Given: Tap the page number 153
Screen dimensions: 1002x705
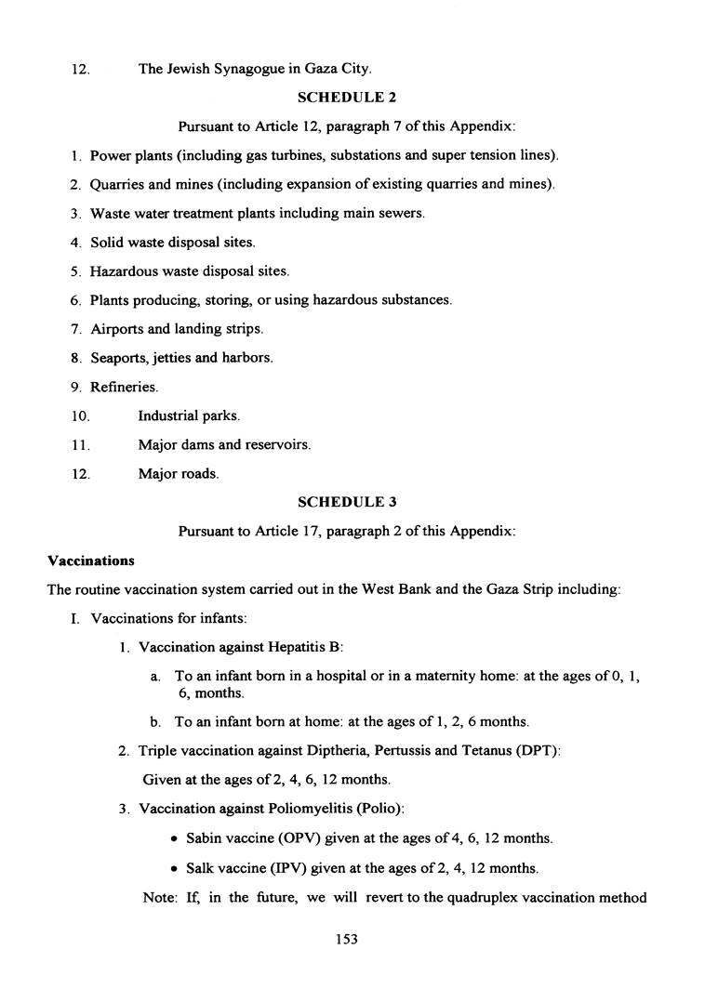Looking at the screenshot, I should (x=347, y=939).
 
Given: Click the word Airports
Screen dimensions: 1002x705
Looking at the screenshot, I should (x=117, y=329).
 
